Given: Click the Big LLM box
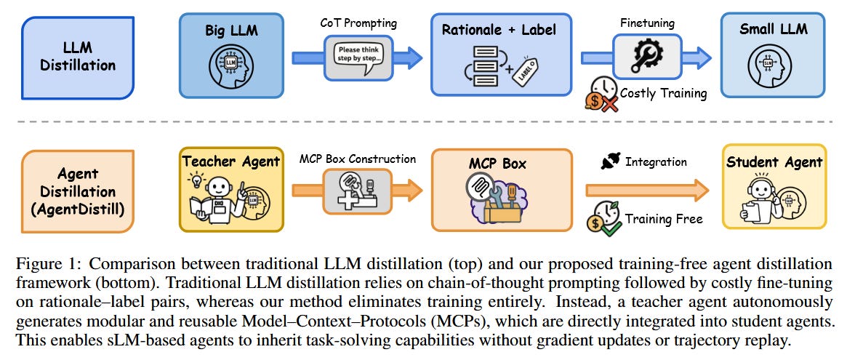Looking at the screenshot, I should point(230,55).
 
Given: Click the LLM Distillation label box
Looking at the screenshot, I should point(78,55).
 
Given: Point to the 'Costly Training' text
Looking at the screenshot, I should point(663,93).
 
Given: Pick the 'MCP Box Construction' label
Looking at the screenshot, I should point(358,159).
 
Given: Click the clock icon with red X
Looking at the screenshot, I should point(603,93).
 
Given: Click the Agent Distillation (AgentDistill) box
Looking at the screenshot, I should point(78,191).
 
